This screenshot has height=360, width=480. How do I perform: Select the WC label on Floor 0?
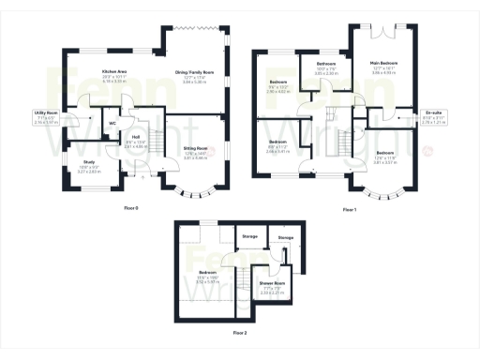[112, 122]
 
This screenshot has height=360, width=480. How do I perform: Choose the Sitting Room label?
[195, 147]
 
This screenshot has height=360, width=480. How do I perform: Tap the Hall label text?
[135, 137]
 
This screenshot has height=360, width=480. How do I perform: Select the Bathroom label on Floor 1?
[326, 63]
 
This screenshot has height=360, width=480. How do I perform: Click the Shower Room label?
[272, 282]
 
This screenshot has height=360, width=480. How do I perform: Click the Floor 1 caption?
[350, 209]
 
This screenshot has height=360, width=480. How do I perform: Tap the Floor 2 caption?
[240, 333]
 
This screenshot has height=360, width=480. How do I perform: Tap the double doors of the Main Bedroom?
[384, 34]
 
